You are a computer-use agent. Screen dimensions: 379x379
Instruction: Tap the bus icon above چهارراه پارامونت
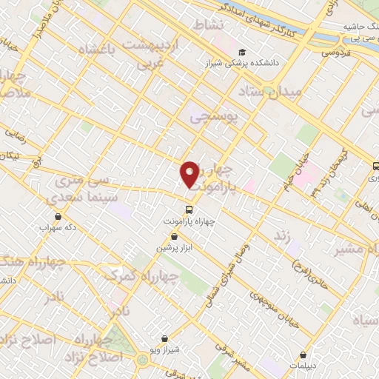[x=189, y=209]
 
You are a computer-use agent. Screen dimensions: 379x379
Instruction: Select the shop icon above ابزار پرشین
[x=173, y=237]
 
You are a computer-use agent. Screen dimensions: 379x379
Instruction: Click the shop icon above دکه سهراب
[x=59, y=217]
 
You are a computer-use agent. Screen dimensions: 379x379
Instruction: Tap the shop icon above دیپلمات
[x=303, y=355]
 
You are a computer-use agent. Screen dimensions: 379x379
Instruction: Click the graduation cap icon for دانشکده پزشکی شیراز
[x=243, y=52]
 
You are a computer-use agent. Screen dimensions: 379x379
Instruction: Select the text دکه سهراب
[x=59, y=228]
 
